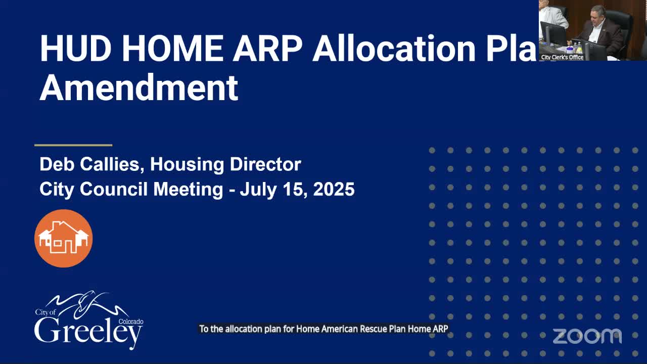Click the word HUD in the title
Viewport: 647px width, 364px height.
[x=75, y=49]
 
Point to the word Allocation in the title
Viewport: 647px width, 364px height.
[x=394, y=49]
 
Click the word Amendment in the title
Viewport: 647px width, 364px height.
[x=139, y=87]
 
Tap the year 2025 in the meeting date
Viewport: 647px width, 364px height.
[x=334, y=190]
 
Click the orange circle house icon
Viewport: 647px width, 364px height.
[x=63, y=238]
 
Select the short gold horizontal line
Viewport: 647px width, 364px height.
[x=73, y=145]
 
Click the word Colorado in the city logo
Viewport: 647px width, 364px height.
[x=131, y=322]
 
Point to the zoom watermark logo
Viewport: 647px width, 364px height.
[x=587, y=336]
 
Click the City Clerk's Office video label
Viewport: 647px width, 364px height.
[x=562, y=57]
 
